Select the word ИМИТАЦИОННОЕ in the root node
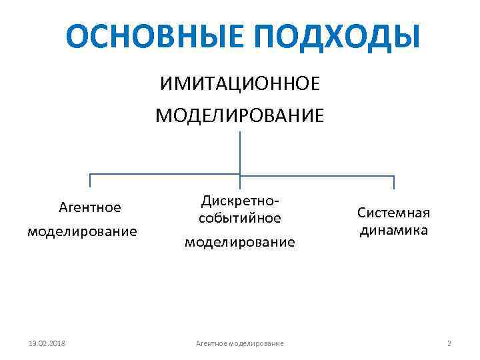239,85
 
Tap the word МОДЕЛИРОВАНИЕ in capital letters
240,115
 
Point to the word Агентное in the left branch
90,207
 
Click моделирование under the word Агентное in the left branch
82,231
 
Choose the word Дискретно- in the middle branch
240,201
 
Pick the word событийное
240,217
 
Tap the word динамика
394,230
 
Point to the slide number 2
449,343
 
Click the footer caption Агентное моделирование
240,343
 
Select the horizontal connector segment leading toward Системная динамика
317,176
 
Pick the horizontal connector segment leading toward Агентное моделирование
165,176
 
